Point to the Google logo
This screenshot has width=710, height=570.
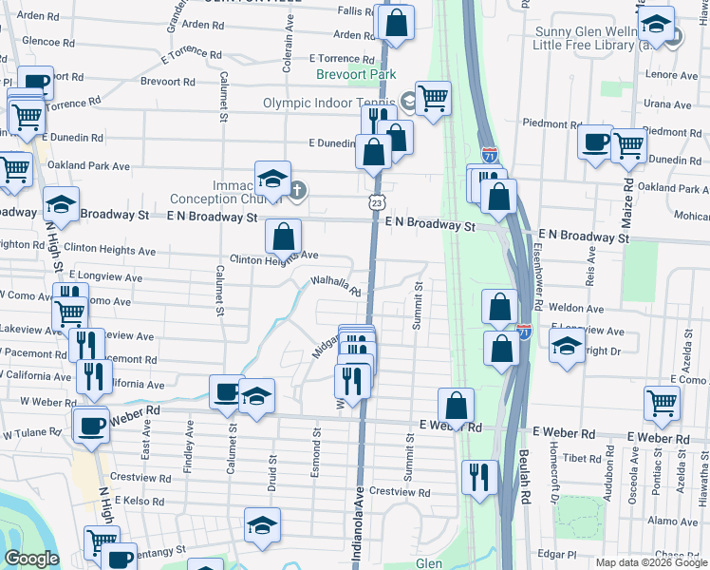(x=31, y=559)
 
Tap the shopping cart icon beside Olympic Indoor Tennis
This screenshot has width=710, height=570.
(x=434, y=98)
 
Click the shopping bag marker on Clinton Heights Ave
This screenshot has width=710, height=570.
(x=284, y=237)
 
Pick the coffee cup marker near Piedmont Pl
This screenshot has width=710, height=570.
(x=595, y=143)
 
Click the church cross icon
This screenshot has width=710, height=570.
(x=297, y=191)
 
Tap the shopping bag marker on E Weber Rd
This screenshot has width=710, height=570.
(x=457, y=406)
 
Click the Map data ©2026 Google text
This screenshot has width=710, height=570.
(x=651, y=561)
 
